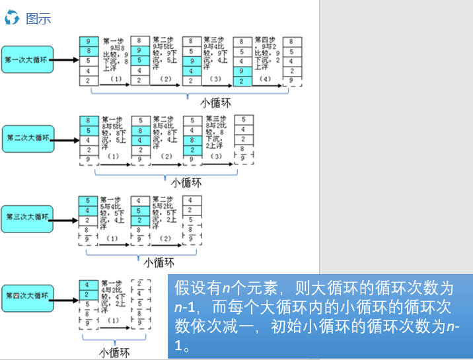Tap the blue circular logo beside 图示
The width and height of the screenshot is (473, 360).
[12, 18]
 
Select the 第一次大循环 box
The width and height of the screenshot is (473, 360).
[26, 59]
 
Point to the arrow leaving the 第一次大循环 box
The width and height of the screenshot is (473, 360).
[65, 59]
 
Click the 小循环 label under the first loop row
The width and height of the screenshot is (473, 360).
[216, 103]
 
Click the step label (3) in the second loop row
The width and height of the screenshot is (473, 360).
[215, 157]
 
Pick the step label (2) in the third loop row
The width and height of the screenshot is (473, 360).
[164, 237]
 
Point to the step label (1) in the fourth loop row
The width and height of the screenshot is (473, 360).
[113, 320]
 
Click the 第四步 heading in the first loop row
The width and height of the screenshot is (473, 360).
[266, 40]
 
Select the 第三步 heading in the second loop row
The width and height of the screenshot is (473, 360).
[216, 119]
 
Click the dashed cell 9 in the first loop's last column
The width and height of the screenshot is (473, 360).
[292, 80]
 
